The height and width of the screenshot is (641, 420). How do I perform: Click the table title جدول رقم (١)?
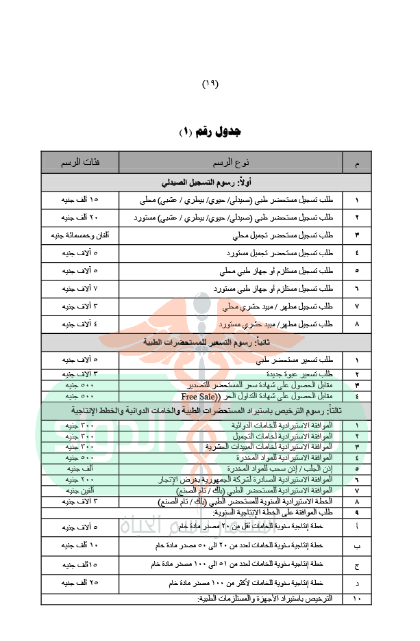209,131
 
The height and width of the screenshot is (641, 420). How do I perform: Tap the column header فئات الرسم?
80,163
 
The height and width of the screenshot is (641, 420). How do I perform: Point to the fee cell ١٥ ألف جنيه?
80,200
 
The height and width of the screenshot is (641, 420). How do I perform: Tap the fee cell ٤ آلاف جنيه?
80,324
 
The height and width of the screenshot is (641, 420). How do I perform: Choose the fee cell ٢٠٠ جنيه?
80,480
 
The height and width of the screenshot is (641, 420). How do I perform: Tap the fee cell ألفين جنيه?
80,490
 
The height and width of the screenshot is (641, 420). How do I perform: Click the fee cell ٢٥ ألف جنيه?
80,583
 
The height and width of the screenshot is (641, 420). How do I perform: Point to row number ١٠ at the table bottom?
356,599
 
